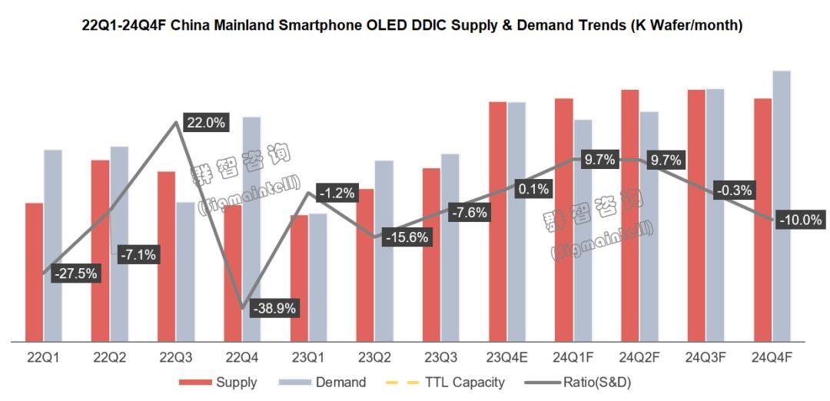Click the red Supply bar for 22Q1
pos(34,271)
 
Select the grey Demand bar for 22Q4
pos(251,228)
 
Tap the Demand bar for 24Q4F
pos(781,205)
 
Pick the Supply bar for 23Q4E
pos(497,220)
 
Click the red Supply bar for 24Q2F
pos(630,214)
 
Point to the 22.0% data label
pos(205,123)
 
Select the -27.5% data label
pos(75,273)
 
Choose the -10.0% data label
pos(799,220)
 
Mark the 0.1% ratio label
pos(533,189)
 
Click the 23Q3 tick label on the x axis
pos(442,357)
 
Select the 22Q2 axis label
pos(110,357)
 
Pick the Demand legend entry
pos(340,382)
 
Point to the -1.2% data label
pos(336,194)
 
